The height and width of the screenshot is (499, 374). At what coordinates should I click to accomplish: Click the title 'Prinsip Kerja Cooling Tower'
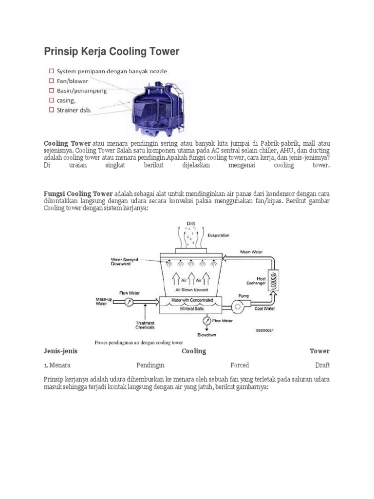click(112, 51)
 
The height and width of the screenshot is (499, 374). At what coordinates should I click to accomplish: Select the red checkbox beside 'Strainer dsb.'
click(51, 111)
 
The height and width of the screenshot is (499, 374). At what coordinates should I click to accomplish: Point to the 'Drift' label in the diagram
click(192, 224)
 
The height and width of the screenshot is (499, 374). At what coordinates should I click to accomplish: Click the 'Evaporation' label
click(219, 235)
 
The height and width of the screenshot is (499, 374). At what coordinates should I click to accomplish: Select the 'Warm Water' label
click(251, 252)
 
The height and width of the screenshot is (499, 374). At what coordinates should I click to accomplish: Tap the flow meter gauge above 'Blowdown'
click(207, 321)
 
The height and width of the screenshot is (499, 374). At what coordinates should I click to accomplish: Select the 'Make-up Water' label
click(103, 301)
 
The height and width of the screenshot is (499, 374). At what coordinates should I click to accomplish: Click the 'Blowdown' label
click(206, 335)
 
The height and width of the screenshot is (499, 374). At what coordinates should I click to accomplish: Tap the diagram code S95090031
click(265, 330)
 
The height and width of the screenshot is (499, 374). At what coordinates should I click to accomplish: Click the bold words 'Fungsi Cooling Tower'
click(78, 193)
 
